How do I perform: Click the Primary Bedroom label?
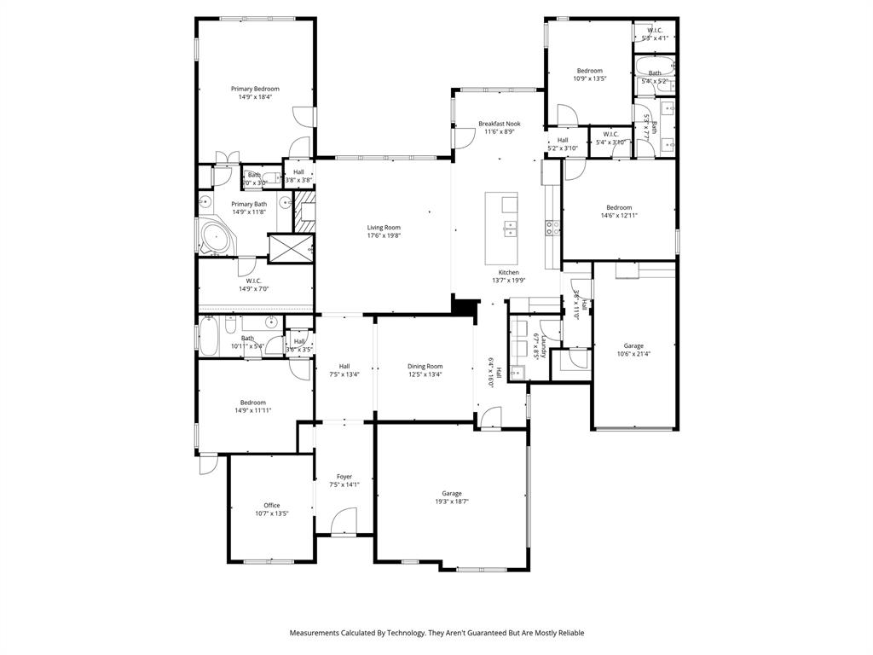(x=255, y=89)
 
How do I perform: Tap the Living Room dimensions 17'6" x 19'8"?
(x=384, y=235)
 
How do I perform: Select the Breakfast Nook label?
(x=499, y=124)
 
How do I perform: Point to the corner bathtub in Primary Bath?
(x=210, y=238)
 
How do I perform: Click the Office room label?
(x=271, y=506)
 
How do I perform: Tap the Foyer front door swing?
(x=345, y=521)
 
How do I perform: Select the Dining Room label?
(x=425, y=366)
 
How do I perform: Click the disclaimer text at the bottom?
(x=436, y=633)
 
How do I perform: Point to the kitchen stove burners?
(x=552, y=228)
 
